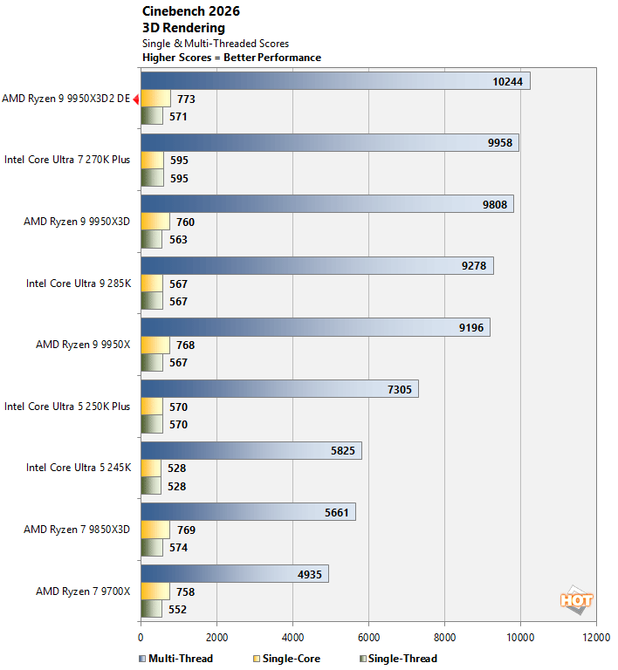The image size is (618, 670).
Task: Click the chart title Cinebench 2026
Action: [x=190, y=11]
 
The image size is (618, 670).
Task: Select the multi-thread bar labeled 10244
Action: [x=335, y=81]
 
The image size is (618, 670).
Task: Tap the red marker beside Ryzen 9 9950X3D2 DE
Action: [x=136, y=99]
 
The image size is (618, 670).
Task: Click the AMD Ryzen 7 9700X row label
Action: [x=83, y=591]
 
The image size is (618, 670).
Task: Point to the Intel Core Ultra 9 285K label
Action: [x=79, y=284]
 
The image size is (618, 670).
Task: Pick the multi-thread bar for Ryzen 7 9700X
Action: [x=234, y=573]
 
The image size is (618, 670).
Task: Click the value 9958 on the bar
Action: [x=503, y=143]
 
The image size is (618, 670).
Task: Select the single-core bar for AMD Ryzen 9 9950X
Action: [x=154, y=345]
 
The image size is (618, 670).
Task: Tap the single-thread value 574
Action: [x=177, y=548]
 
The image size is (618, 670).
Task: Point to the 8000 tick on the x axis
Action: [x=444, y=638]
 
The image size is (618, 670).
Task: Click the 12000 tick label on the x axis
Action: [x=596, y=638]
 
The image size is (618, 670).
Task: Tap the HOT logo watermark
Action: [x=576, y=599]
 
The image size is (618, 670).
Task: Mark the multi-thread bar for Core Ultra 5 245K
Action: [x=251, y=450]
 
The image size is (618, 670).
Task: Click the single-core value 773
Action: [x=185, y=99]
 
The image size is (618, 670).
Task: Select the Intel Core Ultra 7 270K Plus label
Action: [x=67, y=160]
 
